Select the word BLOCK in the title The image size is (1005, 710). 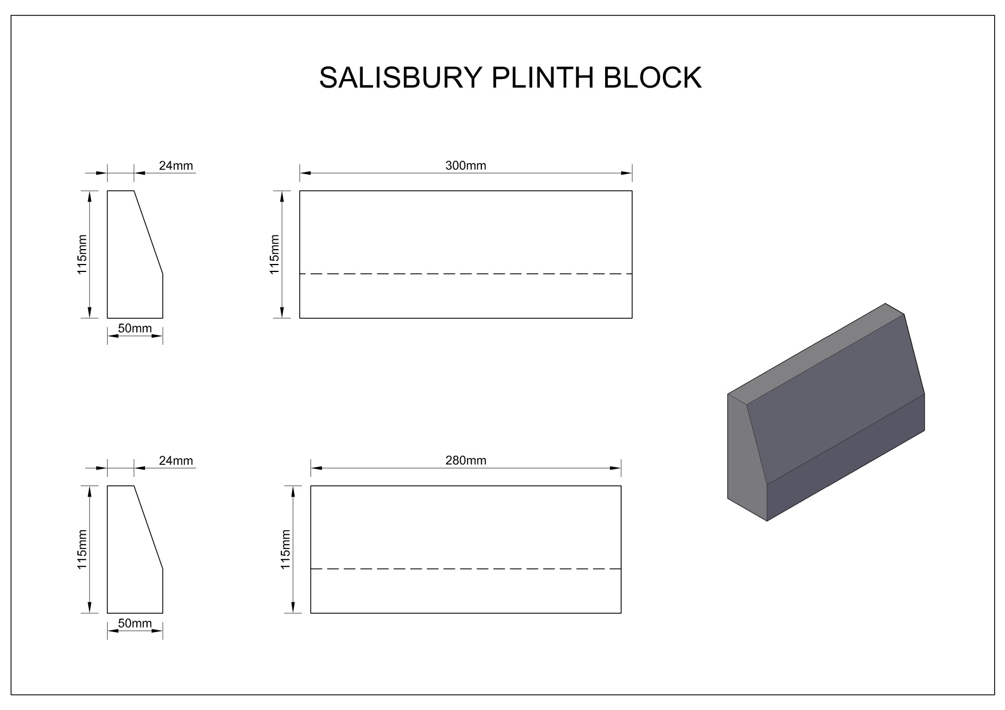pyautogui.click(x=653, y=78)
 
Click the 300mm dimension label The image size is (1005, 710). pyautogui.click(x=466, y=166)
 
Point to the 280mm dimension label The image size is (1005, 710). pyautogui.click(x=466, y=460)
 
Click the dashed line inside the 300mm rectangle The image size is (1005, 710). pyautogui.click(x=466, y=274)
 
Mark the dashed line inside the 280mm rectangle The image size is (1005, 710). pyautogui.click(x=466, y=569)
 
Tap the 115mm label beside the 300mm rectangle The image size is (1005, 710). pyautogui.click(x=275, y=254)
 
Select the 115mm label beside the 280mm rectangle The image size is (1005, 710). pyautogui.click(x=286, y=549)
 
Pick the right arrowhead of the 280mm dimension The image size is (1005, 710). pyautogui.click(x=616, y=468)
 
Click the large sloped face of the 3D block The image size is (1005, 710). pyautogui.click(x=837, y=401)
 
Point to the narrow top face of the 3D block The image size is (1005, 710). pyautogui.click(x=816, y=354)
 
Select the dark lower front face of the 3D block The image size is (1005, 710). pyautogui.click(x=846, y=458)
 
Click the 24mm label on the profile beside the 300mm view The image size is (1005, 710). pyautogui.click(x=176, y=166)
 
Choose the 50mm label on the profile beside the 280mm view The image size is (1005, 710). pyautogui.click(x=135, y=623)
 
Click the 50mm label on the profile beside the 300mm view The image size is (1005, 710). pyautogui.click(x=135, y=328)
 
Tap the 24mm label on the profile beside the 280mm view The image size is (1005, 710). pyautogui.click(x=176, y=460)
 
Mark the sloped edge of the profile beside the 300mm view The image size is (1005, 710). pyautogui.click(x=148, y=232)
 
